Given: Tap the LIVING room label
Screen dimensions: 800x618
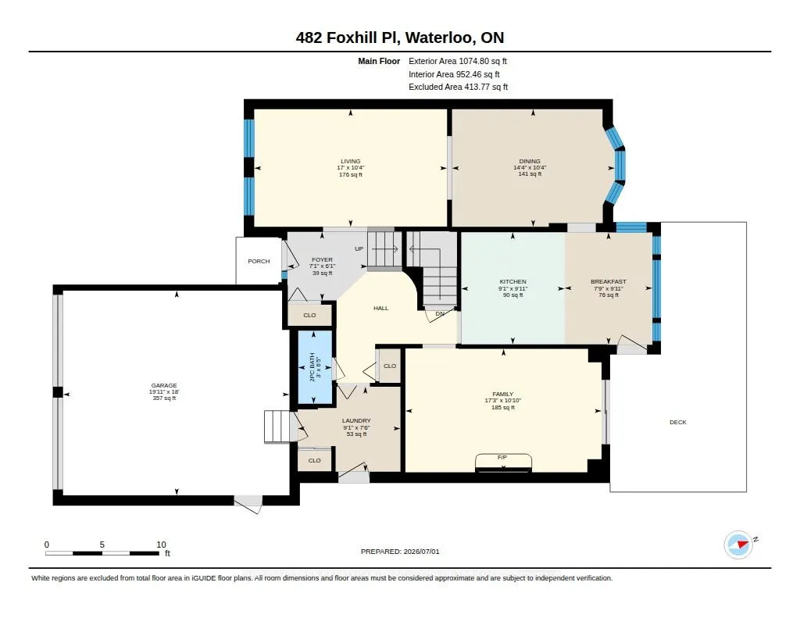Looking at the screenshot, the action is coord(351,161).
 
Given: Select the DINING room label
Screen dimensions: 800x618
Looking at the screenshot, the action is coord(530,161).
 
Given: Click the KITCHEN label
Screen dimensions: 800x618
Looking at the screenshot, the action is coord(512,282).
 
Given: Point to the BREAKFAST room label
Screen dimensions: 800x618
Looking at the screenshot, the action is coord(608,282).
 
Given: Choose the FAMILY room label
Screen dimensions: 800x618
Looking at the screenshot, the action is coord(502,394).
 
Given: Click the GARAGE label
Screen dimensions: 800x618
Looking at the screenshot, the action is coord(164,385).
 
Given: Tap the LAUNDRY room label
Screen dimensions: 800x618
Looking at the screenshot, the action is coord(356,421).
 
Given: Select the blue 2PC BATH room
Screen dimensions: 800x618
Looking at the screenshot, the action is coord(315,366).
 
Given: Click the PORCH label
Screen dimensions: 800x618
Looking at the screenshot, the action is coord(259,261).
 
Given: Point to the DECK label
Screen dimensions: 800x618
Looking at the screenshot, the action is coord(677,422).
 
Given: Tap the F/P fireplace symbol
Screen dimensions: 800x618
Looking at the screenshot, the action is coord(503,463).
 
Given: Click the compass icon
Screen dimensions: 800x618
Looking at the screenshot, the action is coord(739,545).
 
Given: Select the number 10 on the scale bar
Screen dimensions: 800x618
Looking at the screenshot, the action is coord(161,545).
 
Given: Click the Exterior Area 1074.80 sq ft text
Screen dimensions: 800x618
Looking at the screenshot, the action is coord(458,61).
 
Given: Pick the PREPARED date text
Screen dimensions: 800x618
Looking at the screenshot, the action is coord(400,552).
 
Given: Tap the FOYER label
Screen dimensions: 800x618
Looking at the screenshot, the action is coord(322,259).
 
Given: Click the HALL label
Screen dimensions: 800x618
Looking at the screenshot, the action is coord(380,309).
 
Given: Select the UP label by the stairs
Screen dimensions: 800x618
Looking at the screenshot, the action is coord(359,249).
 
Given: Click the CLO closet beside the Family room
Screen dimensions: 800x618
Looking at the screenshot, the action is coord(390,366).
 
